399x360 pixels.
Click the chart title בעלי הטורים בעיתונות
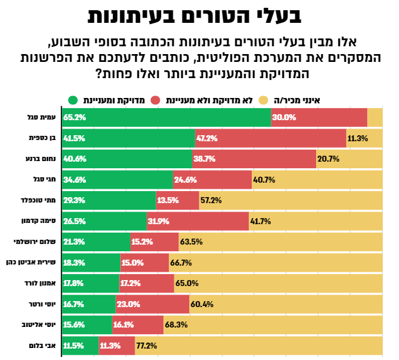pos(199,16)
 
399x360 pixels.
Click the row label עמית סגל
pos(44,117)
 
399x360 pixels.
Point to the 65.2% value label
pos(75,118)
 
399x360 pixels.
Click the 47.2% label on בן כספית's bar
pos(207,138)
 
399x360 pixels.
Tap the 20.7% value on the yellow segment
pos(329,159)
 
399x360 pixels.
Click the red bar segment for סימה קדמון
pos(197,221)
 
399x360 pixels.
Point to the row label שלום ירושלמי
pos(37,242)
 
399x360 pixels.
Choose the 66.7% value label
pos(181,263)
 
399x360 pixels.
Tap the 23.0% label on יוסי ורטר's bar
pos(128,304)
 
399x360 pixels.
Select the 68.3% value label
pos(176,325)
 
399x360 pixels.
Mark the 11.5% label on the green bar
pos(74,346)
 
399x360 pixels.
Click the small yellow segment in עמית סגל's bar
pos(375,117)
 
